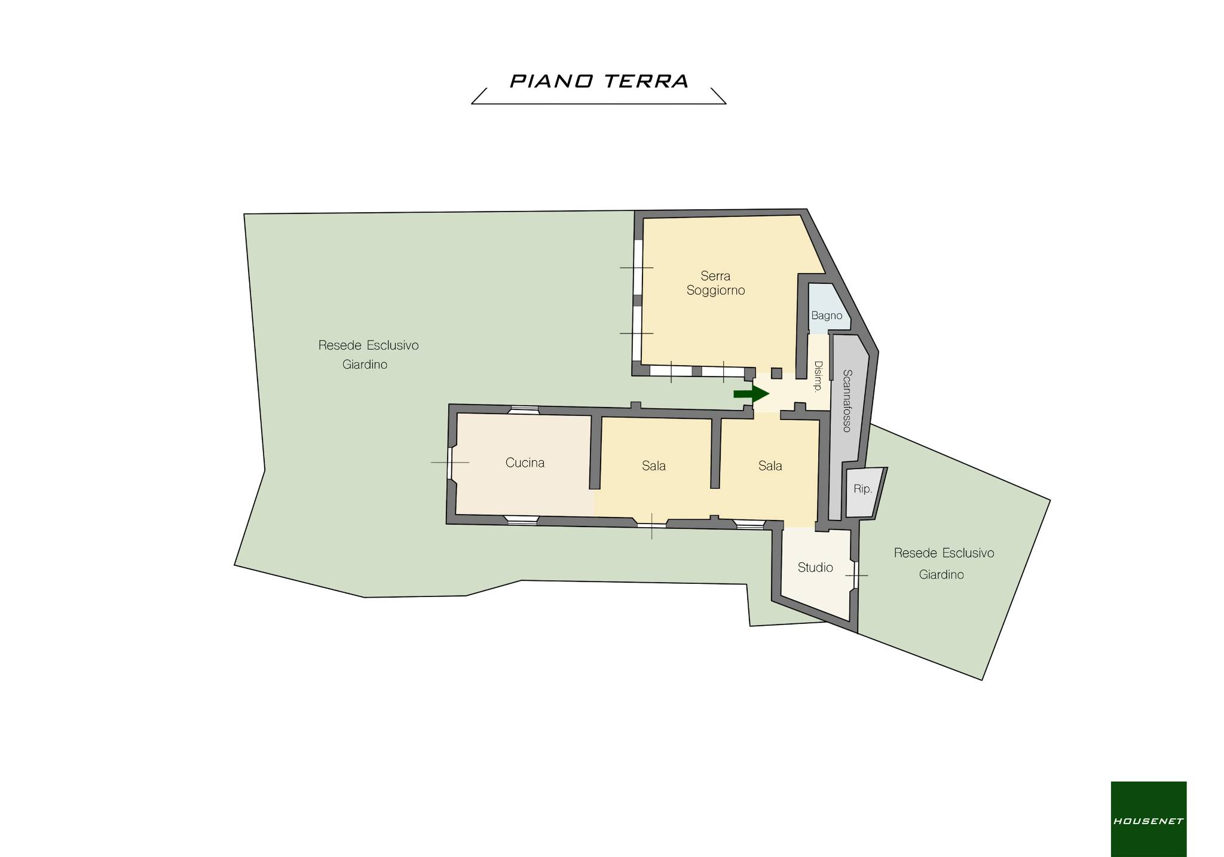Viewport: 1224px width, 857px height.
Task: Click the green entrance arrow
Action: coord(751,393)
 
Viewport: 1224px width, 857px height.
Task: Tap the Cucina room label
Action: coord(525,463)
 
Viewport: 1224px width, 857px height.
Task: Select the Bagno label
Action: coord(827,316)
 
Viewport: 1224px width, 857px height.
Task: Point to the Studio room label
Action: coord(815,567)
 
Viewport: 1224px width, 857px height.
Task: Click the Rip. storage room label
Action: coord(862,489)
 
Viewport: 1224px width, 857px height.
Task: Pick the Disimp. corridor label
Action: coord(818,376)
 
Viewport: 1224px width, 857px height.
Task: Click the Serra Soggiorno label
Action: coord(715,283)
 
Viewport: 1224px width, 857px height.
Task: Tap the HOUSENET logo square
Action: coord(1148,819)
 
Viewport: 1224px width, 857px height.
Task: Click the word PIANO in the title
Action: coord(551,81)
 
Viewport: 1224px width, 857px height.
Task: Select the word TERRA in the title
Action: coord(646,81)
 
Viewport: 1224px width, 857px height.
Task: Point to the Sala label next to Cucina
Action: coord(654,466)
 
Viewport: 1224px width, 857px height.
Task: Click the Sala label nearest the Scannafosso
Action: coord(770,466)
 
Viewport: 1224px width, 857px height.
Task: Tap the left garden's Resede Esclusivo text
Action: coord(368,345)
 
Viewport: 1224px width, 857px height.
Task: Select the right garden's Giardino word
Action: coord(941,574)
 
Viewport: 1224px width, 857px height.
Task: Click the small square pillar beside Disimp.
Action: coord(776,374)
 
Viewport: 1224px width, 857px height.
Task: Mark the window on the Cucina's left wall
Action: coord(451,463)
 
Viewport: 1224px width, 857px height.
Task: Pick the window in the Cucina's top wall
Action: coord(524,409)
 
